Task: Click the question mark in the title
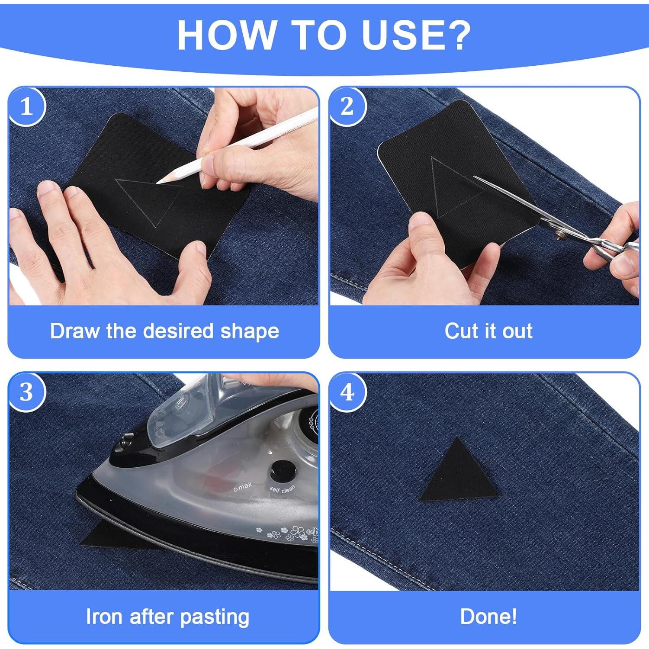pyautogui.click(x=456, y=35)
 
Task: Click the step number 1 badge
pyautogui.click(x=27, y=106)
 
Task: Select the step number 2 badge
pyautogui.click(x=347, y=106)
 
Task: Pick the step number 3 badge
pyautogui.click(x=27, y=392)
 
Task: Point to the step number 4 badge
pyautogui.click(x=347, y=392)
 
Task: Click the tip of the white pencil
pyautogui.click(x=157, y=183)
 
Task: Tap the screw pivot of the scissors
pyautogui.click(x=562, y=235)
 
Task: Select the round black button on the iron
pyautogui.click(x=283, y=471)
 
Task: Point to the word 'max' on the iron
pyautogui.click(x=244, y=487)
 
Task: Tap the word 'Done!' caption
pyautogui.click(x=488, y=617)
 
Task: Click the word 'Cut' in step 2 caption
pyautogui.click(x=461, y=331)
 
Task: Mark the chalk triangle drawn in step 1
pyautogui.click(x=149, y=201)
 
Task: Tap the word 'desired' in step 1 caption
pyautogui.click(x=178, y=331)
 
